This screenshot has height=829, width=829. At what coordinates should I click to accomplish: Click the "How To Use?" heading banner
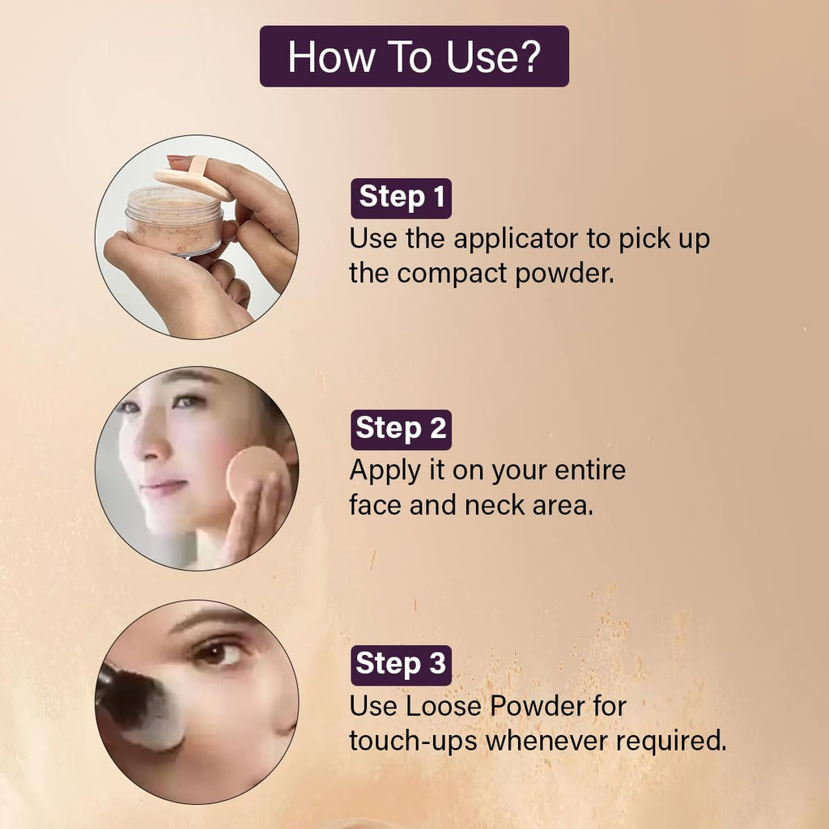[414, 56]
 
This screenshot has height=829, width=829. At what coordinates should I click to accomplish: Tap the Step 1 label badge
[402, 198]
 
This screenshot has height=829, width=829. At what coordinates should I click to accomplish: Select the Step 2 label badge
[402, 429]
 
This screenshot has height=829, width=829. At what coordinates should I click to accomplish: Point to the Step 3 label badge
[402, 665]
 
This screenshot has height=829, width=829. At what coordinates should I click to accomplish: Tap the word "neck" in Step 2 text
[495, 505]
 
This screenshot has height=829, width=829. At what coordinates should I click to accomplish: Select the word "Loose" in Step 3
[443, 706]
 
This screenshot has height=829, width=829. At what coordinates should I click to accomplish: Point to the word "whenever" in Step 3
[546, 740]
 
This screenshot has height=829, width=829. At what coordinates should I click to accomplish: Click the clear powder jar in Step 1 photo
[175, 220]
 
